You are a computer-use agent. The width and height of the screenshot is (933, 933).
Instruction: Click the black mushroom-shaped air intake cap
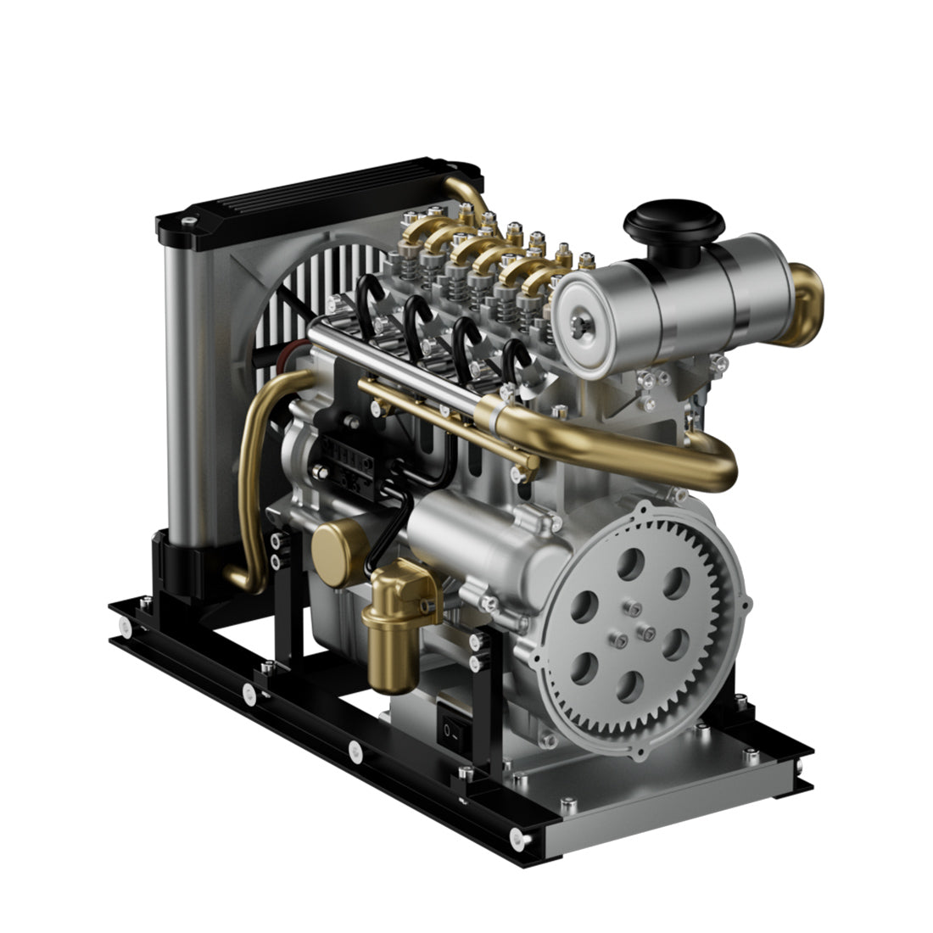tap(673, 222)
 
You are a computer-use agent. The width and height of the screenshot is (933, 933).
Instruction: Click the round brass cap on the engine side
tap(336, 553)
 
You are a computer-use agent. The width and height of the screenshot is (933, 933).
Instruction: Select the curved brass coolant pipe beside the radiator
tap(251, 475)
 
